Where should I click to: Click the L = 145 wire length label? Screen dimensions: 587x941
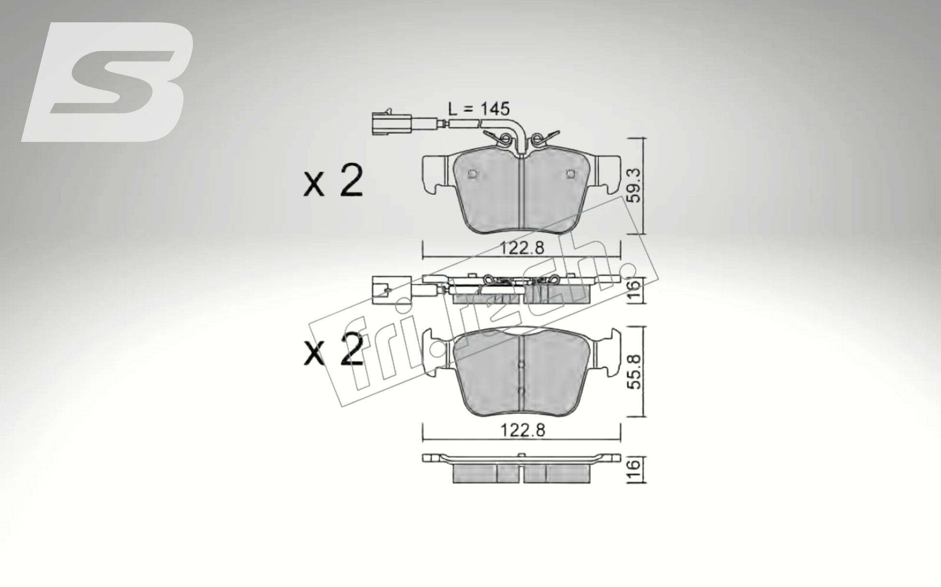[x=479, y=109]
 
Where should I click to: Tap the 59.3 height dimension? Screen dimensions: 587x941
[x=635, y=185]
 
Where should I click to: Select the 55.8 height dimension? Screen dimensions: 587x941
[x=635, y=371]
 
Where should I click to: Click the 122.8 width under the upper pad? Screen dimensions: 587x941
[x=522, y=248]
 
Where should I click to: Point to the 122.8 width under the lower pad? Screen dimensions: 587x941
[x=522, y=430]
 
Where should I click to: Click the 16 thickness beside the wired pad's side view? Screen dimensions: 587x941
[x=635, y=290]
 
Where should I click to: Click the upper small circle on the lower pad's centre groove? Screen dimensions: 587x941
[x=520, y=365]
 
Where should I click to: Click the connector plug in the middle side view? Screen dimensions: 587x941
[x=385, y=290]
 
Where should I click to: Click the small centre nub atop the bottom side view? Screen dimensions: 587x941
[x=521, y=455]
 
